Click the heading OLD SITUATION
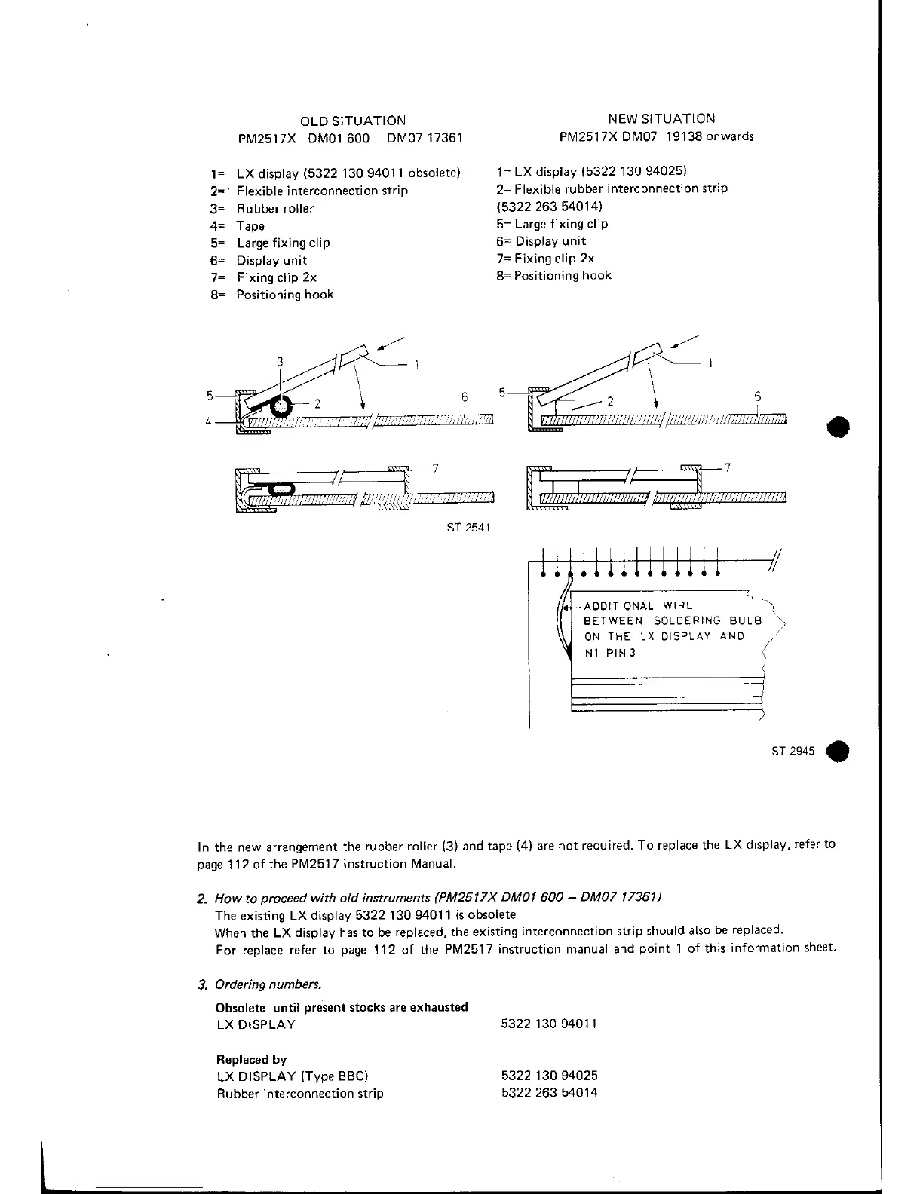(x=352, y=121)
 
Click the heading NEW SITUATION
(x=661, y=118)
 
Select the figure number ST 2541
(x=469, y=527)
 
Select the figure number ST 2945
(x=793, y=752)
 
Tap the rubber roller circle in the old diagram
(x=281, y=406)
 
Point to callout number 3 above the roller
(x=280, y=362)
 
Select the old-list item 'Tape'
(x=250, y=226)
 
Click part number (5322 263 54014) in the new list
(x=550, y=207)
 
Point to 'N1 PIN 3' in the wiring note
(x=610, y=653)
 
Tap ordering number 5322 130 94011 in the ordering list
(x=549, y=1024)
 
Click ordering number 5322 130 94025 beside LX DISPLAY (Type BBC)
(x=549, y=1076)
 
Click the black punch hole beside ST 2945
(x=837, y=752)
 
